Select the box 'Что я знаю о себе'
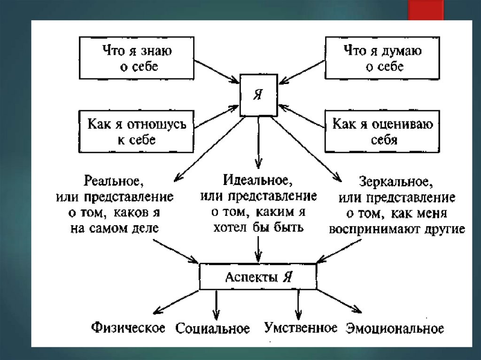136,58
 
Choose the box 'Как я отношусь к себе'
136,132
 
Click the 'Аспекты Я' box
257,276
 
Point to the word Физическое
128,327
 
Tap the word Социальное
212,328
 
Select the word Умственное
301,327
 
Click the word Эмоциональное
395,328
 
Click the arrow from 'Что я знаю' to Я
216,71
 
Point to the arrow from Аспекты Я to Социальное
216,305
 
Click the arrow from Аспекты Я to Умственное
298,305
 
